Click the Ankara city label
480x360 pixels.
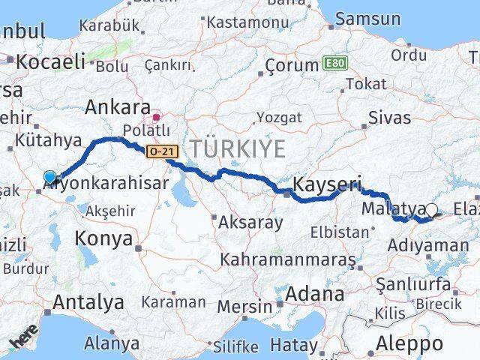pyautogui.click(x=118, y=106)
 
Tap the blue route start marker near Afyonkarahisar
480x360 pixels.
pyautogui.click(x=49, y=178)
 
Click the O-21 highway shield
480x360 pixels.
pyautogui.click(x=162, y=151)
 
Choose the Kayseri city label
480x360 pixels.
pyautogui.click(x=327, y=184)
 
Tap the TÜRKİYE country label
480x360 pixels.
pyautogui.click(x=238, y=148)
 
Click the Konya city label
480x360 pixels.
pyautogui.click(x=104, y=240)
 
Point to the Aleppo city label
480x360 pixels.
pyautogui.click(x=409, y=344)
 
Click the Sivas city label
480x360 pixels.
pyautogui.click(x=390, y=118)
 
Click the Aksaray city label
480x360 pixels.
pyautogui.click(x=250, y=222)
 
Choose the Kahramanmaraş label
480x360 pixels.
pyautogui.click(x=288, y=260)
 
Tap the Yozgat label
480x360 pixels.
pyautogui.click(x=279, y=117)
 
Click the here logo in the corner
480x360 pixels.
pyautogui.click(x=23, y=341)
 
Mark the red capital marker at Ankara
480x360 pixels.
pyautogui.click(x=157, y=117)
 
